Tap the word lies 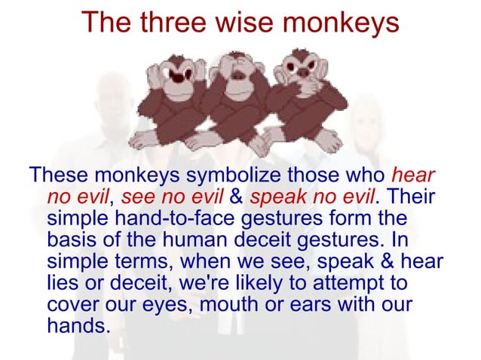[x=63, y=283]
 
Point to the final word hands [x=78, y=326]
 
